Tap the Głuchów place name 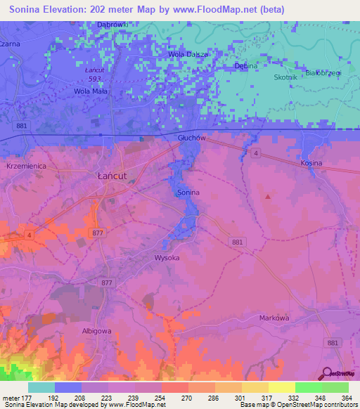(x=191, y=138)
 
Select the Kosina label (x=311, y=163)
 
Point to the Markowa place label (x=274, y=318)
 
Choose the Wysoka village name (x=167, y=258)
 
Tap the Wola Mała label (x=89, y=91)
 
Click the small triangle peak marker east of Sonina (x=267, y=196)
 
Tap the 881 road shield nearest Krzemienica (x=23, y=125)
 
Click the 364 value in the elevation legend (x=347, y=397)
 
